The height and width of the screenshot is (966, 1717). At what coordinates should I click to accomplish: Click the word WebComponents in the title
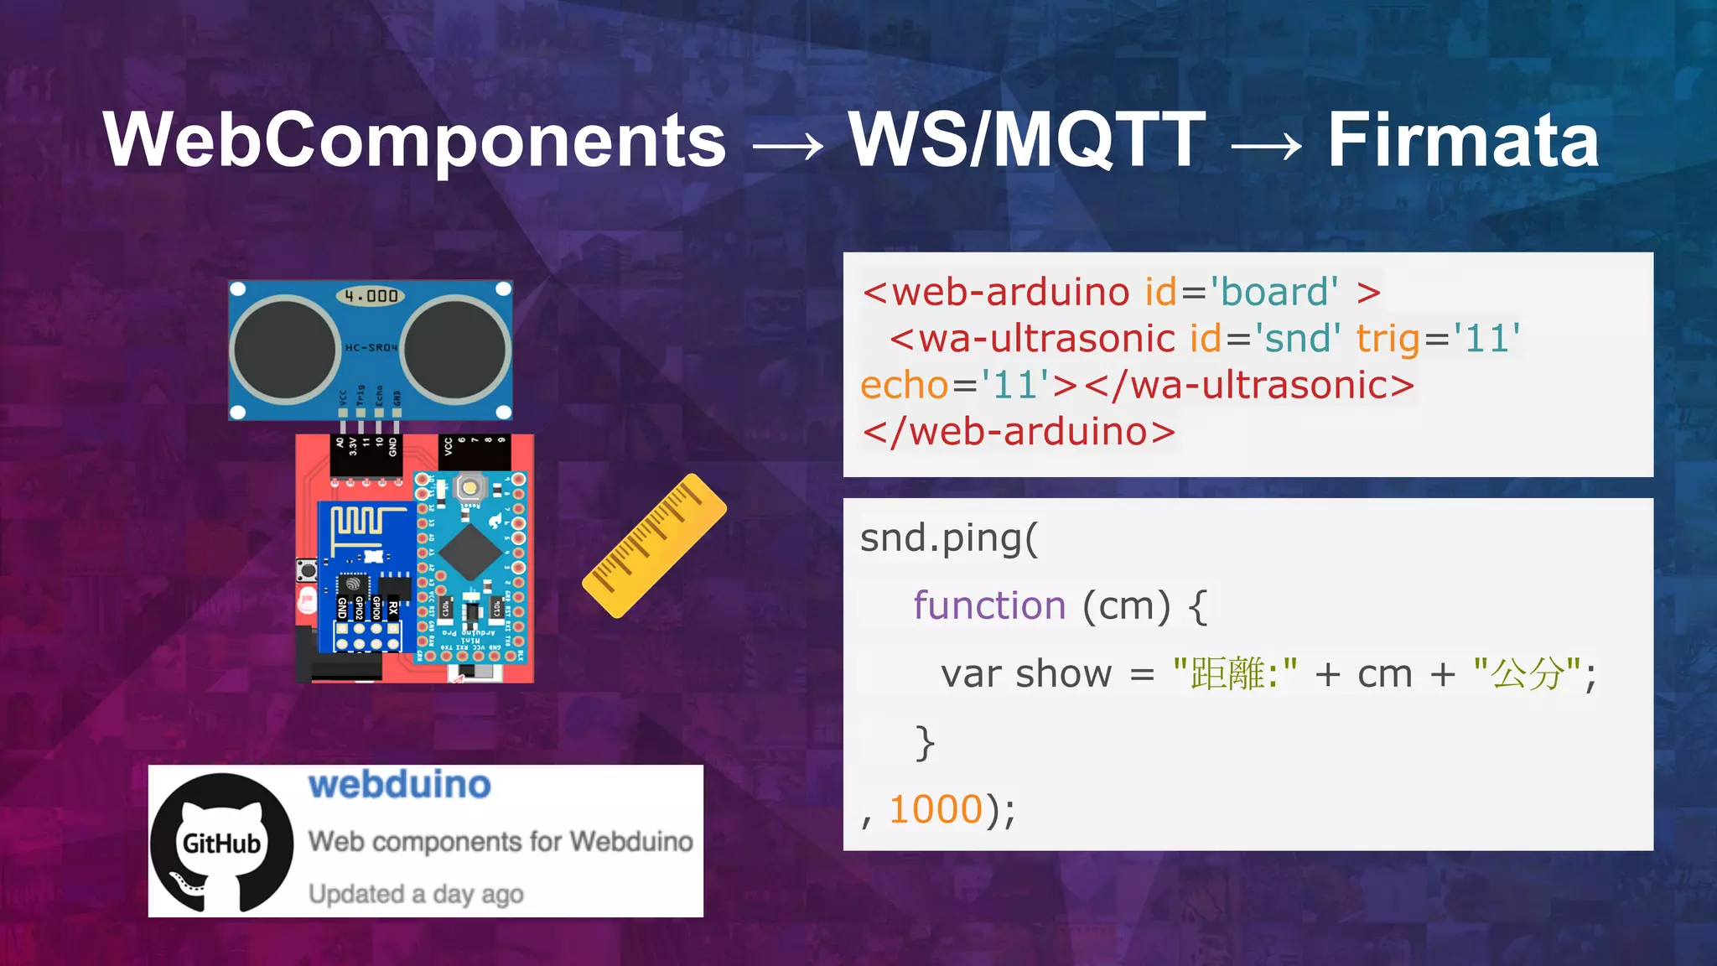click(415, 141)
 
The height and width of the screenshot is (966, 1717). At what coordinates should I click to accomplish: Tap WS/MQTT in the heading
click(1027, 141)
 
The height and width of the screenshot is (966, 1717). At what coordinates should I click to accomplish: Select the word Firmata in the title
click(1463, 141)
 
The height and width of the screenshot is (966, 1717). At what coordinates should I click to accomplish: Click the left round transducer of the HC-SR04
click(286, 350)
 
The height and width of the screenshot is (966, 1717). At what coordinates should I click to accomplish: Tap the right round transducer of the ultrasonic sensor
click(455, 350)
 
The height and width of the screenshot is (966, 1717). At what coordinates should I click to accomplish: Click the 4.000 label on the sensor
click(371, 296)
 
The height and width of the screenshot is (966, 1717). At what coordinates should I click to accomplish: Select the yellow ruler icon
click(654, 545)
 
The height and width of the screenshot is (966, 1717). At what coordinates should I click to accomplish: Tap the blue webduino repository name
click(399, 785)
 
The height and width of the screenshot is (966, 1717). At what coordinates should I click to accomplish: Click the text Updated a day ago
click(416, 894)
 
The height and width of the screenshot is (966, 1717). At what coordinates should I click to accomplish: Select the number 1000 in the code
click(936, 810)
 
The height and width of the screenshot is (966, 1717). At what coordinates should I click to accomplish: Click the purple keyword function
click(989, 605)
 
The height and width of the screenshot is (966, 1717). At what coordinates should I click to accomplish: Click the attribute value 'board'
click(1273, 293)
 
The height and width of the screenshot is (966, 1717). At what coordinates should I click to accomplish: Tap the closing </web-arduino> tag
click(1019, 433)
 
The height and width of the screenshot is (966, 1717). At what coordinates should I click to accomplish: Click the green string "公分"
click(1528, 673)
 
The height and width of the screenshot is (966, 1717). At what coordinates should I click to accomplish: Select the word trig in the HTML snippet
click(1388, 340)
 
